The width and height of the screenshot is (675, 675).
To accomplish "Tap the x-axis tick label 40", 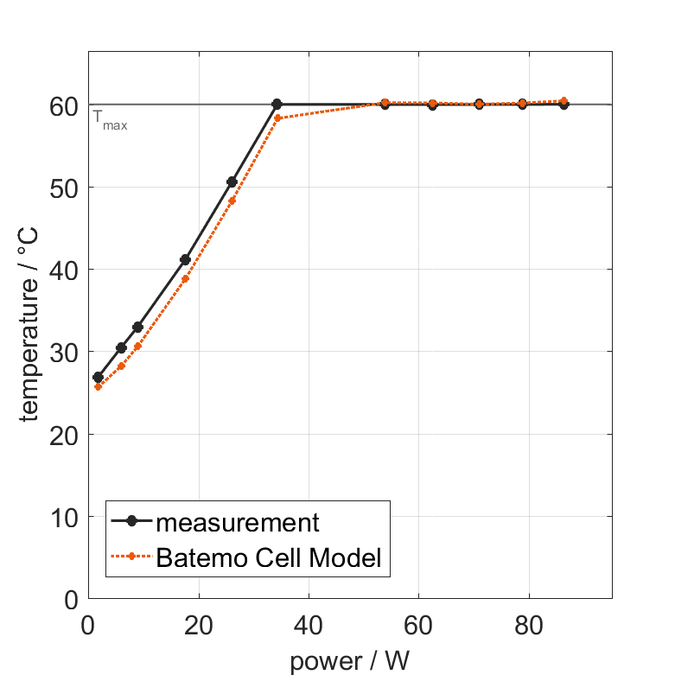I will (x=309, y=624).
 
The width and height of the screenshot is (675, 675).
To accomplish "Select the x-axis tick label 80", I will (x=528, y=624).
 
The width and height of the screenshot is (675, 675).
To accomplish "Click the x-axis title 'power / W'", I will (x=349, y=660).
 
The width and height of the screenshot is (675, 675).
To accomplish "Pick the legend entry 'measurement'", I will (x=238, y=522).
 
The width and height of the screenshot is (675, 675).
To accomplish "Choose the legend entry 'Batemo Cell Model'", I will (x=268, y=557).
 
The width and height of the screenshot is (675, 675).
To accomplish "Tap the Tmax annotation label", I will (x=110, y=124).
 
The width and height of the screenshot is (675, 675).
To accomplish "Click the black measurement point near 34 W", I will (x=277, y=104).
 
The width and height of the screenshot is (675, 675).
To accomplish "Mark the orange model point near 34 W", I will (x=277, y=118).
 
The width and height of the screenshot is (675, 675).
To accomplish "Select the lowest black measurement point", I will (x=98, y=378).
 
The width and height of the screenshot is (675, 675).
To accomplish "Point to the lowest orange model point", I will (x=98, y=386).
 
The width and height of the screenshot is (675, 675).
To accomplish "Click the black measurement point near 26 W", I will (x=232, y=181).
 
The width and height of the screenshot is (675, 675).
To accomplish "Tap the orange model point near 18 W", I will (x=185, y=278).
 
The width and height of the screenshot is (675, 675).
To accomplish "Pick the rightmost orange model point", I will (x=564, y=101).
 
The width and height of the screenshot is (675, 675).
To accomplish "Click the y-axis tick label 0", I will (x=71, y=600).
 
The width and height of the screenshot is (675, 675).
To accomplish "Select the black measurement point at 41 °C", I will (x=185, y=259).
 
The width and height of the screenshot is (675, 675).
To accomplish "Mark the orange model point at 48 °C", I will (x=232, y=201).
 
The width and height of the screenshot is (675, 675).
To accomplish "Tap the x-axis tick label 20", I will (x=199, y=624).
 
